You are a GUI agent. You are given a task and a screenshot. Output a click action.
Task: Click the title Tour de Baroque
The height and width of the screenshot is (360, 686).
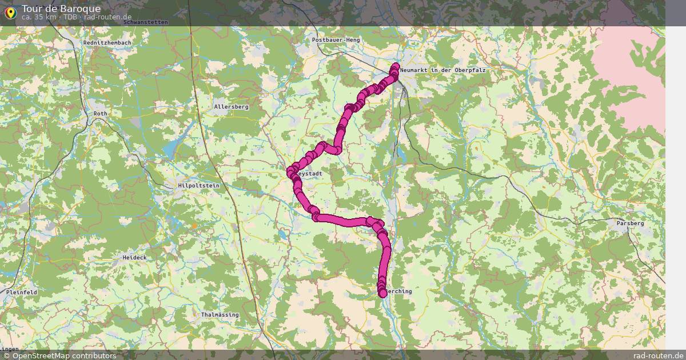coord(61,9)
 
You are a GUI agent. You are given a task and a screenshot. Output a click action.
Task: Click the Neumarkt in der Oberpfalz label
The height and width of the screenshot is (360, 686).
coord(443,70)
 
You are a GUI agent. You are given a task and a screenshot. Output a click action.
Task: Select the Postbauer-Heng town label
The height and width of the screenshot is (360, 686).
coord(336,40)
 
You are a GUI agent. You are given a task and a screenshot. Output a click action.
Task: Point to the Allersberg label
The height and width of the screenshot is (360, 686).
coord(231,107)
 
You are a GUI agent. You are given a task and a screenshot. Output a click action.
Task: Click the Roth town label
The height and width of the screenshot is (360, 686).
coord(100,114)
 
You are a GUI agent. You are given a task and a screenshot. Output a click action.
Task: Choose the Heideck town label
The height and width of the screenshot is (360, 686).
coord(134,258)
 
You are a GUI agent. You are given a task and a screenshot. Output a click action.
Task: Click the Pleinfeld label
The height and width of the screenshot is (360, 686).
coord(22,292)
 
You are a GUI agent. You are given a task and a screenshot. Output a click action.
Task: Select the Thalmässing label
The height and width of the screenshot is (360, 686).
coord(220,315)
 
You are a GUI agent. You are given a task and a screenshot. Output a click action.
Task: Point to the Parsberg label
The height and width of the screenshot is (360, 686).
coord(630,223)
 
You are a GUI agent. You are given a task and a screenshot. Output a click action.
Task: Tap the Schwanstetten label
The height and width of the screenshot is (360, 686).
coord(145,22)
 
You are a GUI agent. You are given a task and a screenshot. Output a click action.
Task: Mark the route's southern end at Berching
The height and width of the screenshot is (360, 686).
coord(382,293)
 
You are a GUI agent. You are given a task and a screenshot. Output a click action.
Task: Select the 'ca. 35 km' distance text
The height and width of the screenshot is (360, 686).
coord(39,17)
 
